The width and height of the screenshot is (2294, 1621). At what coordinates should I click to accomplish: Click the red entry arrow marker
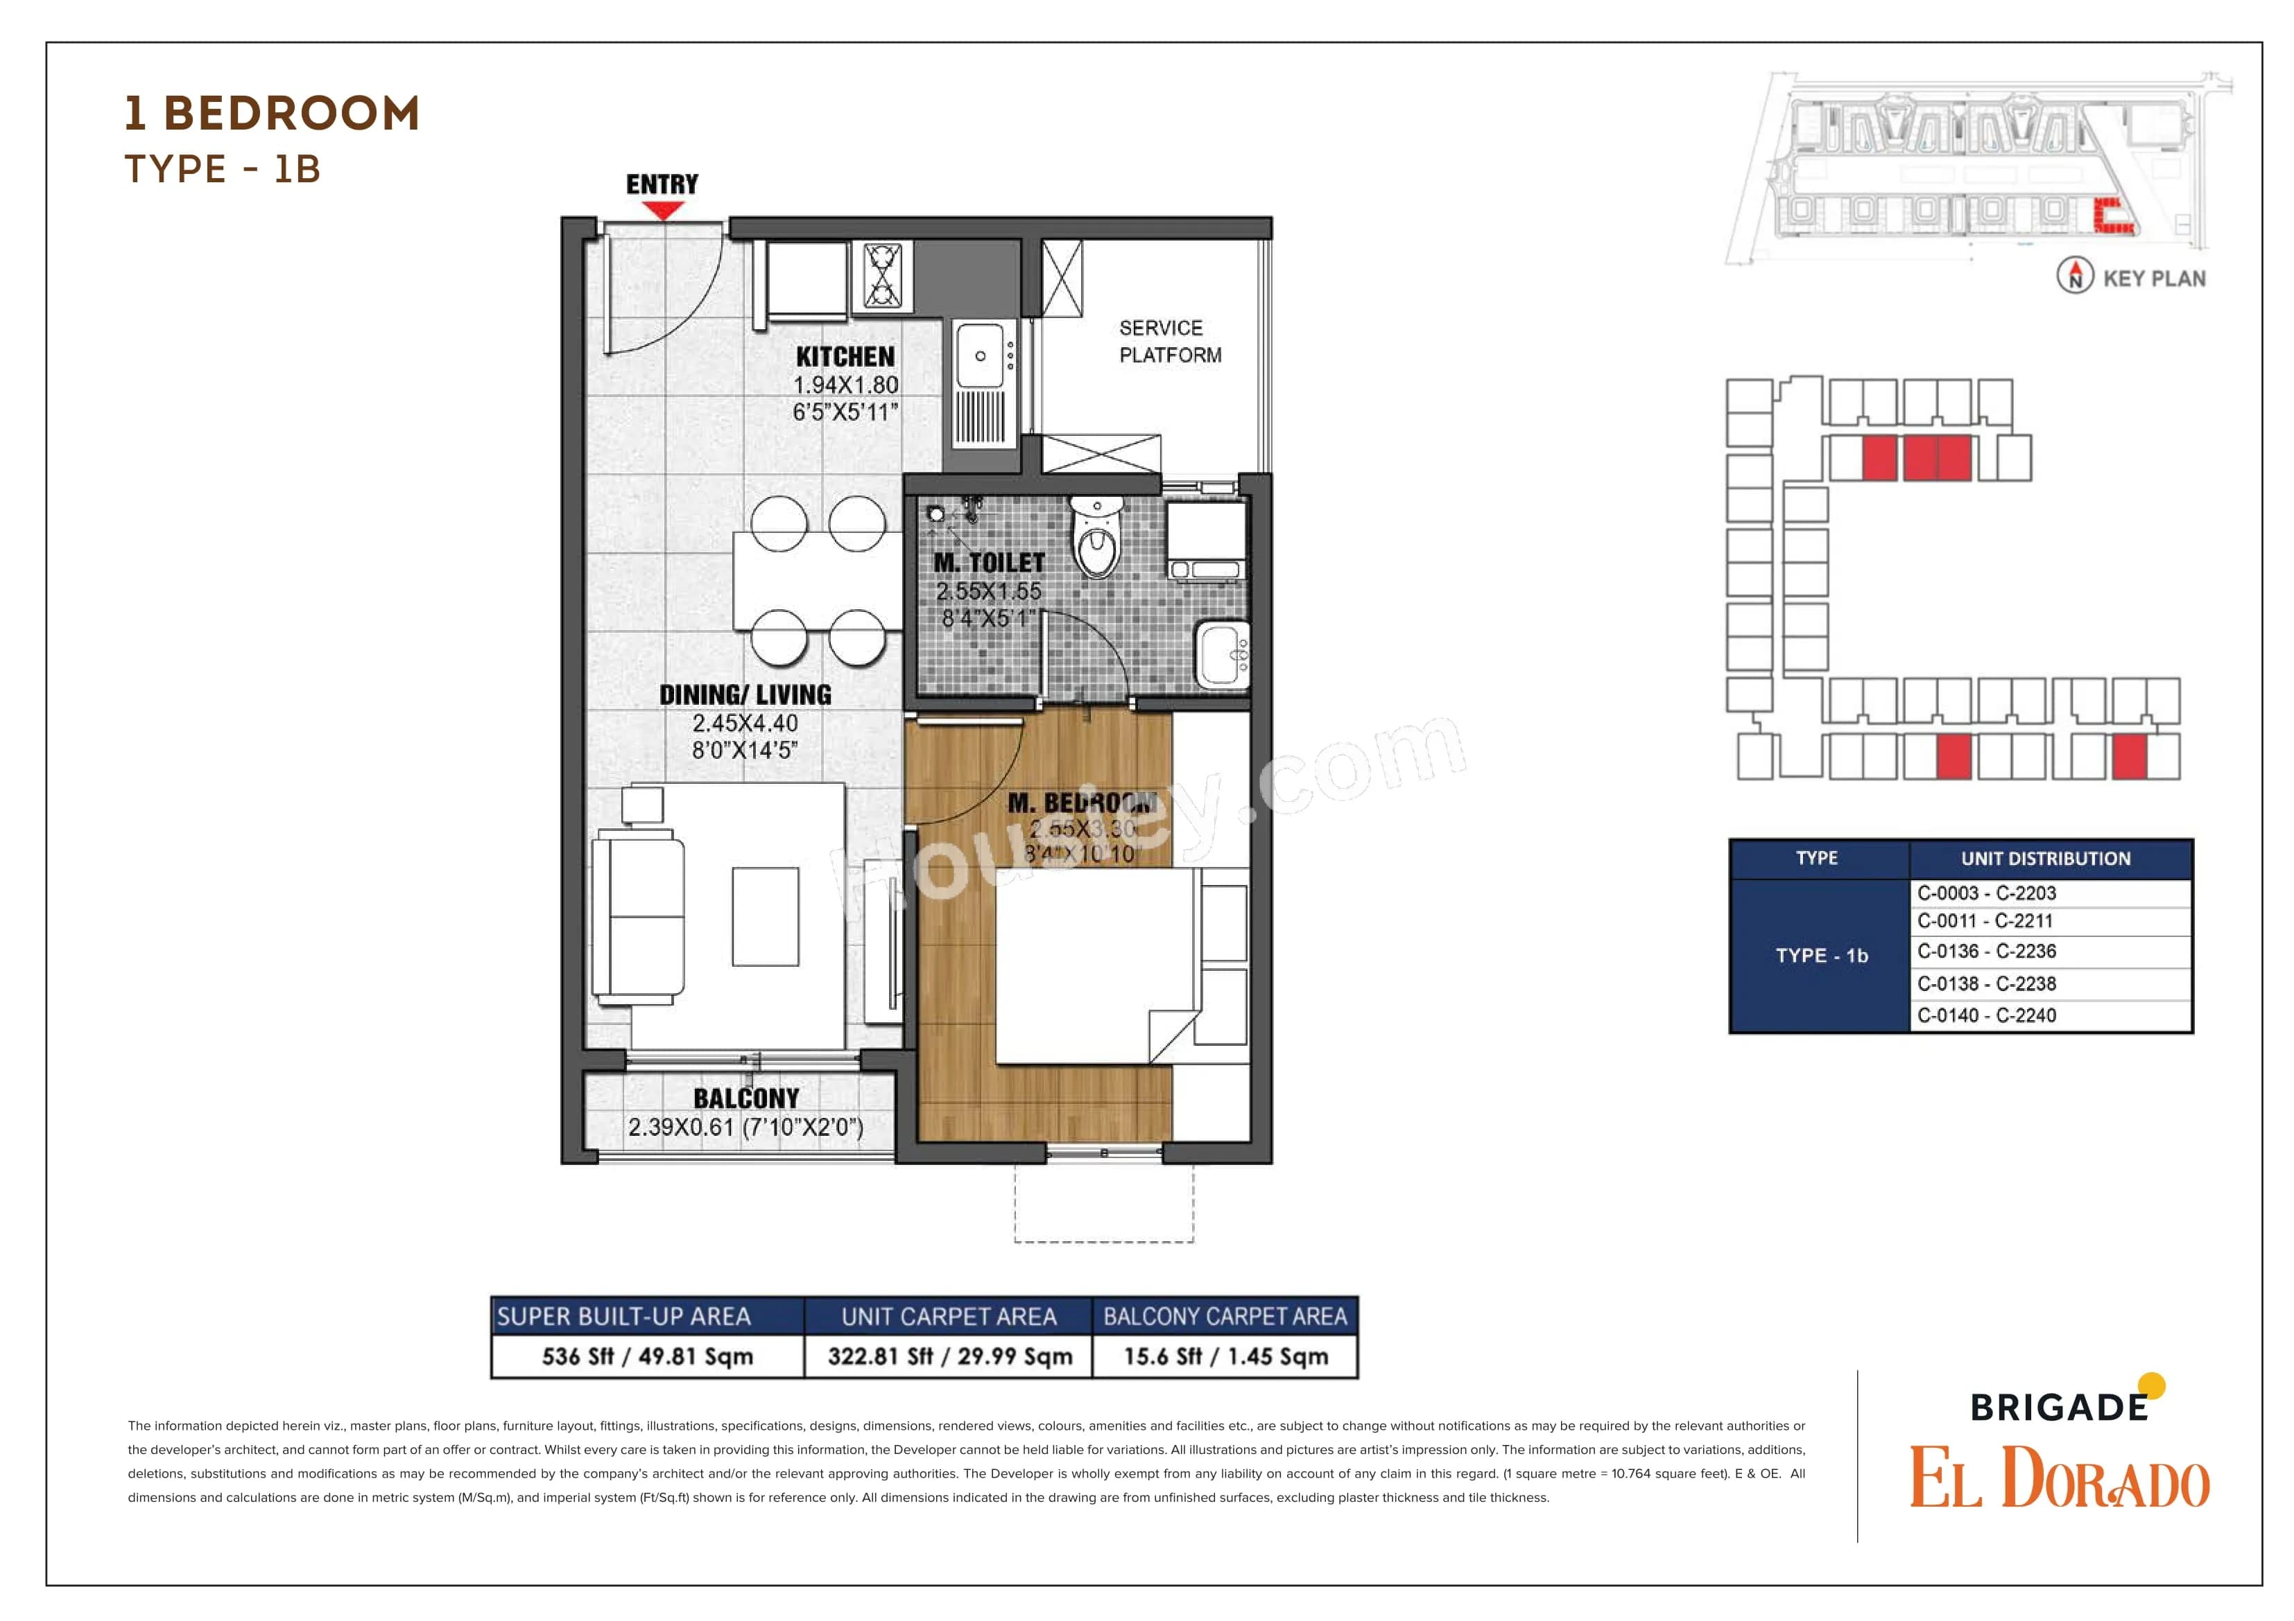[662, 210]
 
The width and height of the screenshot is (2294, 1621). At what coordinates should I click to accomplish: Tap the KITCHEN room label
[845, 356]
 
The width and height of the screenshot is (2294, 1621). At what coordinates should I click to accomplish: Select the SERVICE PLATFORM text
[1169, 342]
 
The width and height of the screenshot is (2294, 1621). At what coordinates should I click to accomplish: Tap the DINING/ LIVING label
[745, 694]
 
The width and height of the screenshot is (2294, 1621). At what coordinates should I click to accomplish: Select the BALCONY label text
[746, 1098]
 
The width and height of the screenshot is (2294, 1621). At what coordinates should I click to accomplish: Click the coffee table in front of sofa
[766, 916]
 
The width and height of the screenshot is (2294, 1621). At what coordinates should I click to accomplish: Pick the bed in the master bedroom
[1096, 964]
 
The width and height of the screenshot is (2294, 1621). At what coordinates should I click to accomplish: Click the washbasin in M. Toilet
[1222, 654]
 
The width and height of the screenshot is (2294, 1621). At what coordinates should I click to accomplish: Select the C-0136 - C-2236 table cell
[1986, 952]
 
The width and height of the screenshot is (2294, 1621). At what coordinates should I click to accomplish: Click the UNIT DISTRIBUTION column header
[2045, 858]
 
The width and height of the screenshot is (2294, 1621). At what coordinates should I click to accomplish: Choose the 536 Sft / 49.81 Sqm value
[648, 1356]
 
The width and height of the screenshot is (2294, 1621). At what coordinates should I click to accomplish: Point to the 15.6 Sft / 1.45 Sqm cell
[1226, 1356]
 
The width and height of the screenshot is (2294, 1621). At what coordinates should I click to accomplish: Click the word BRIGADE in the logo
[2058, 1408]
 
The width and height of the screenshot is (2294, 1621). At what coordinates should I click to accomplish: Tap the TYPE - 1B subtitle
[222, 169]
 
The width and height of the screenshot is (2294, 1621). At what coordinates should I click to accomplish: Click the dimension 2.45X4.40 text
[745, 722]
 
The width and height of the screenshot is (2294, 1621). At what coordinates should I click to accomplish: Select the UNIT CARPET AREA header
[948, 1316]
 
